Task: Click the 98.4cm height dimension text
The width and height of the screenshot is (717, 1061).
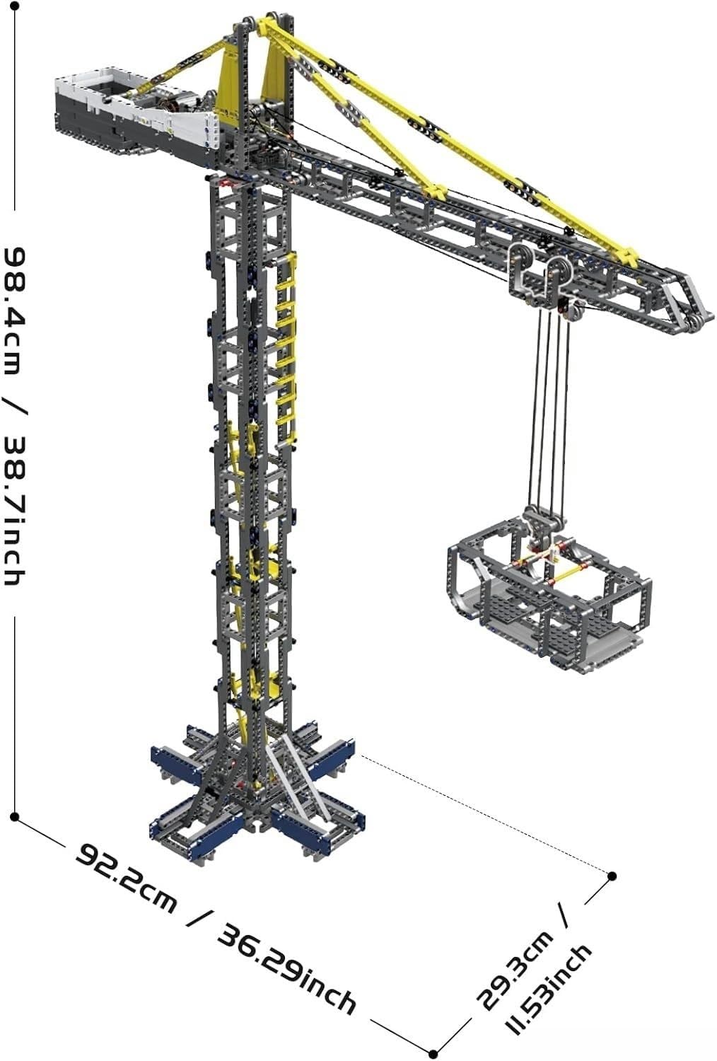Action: [15, 311]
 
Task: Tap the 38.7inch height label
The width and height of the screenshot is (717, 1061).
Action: [15, 510]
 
